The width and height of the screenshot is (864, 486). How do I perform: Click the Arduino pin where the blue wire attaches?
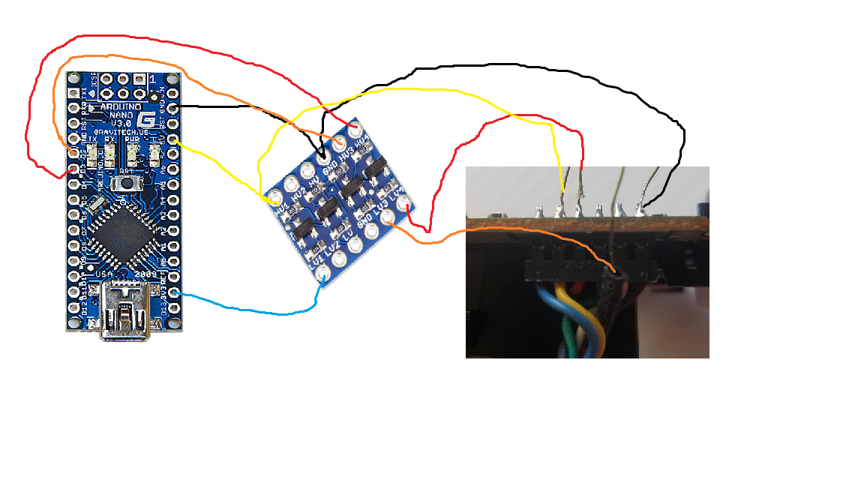click(174, 292)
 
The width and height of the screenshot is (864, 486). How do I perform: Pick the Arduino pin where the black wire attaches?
click(174, 108)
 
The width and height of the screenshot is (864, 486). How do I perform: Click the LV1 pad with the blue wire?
click(322, 275)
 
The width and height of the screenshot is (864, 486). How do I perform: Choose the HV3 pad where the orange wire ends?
click(340, 142)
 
